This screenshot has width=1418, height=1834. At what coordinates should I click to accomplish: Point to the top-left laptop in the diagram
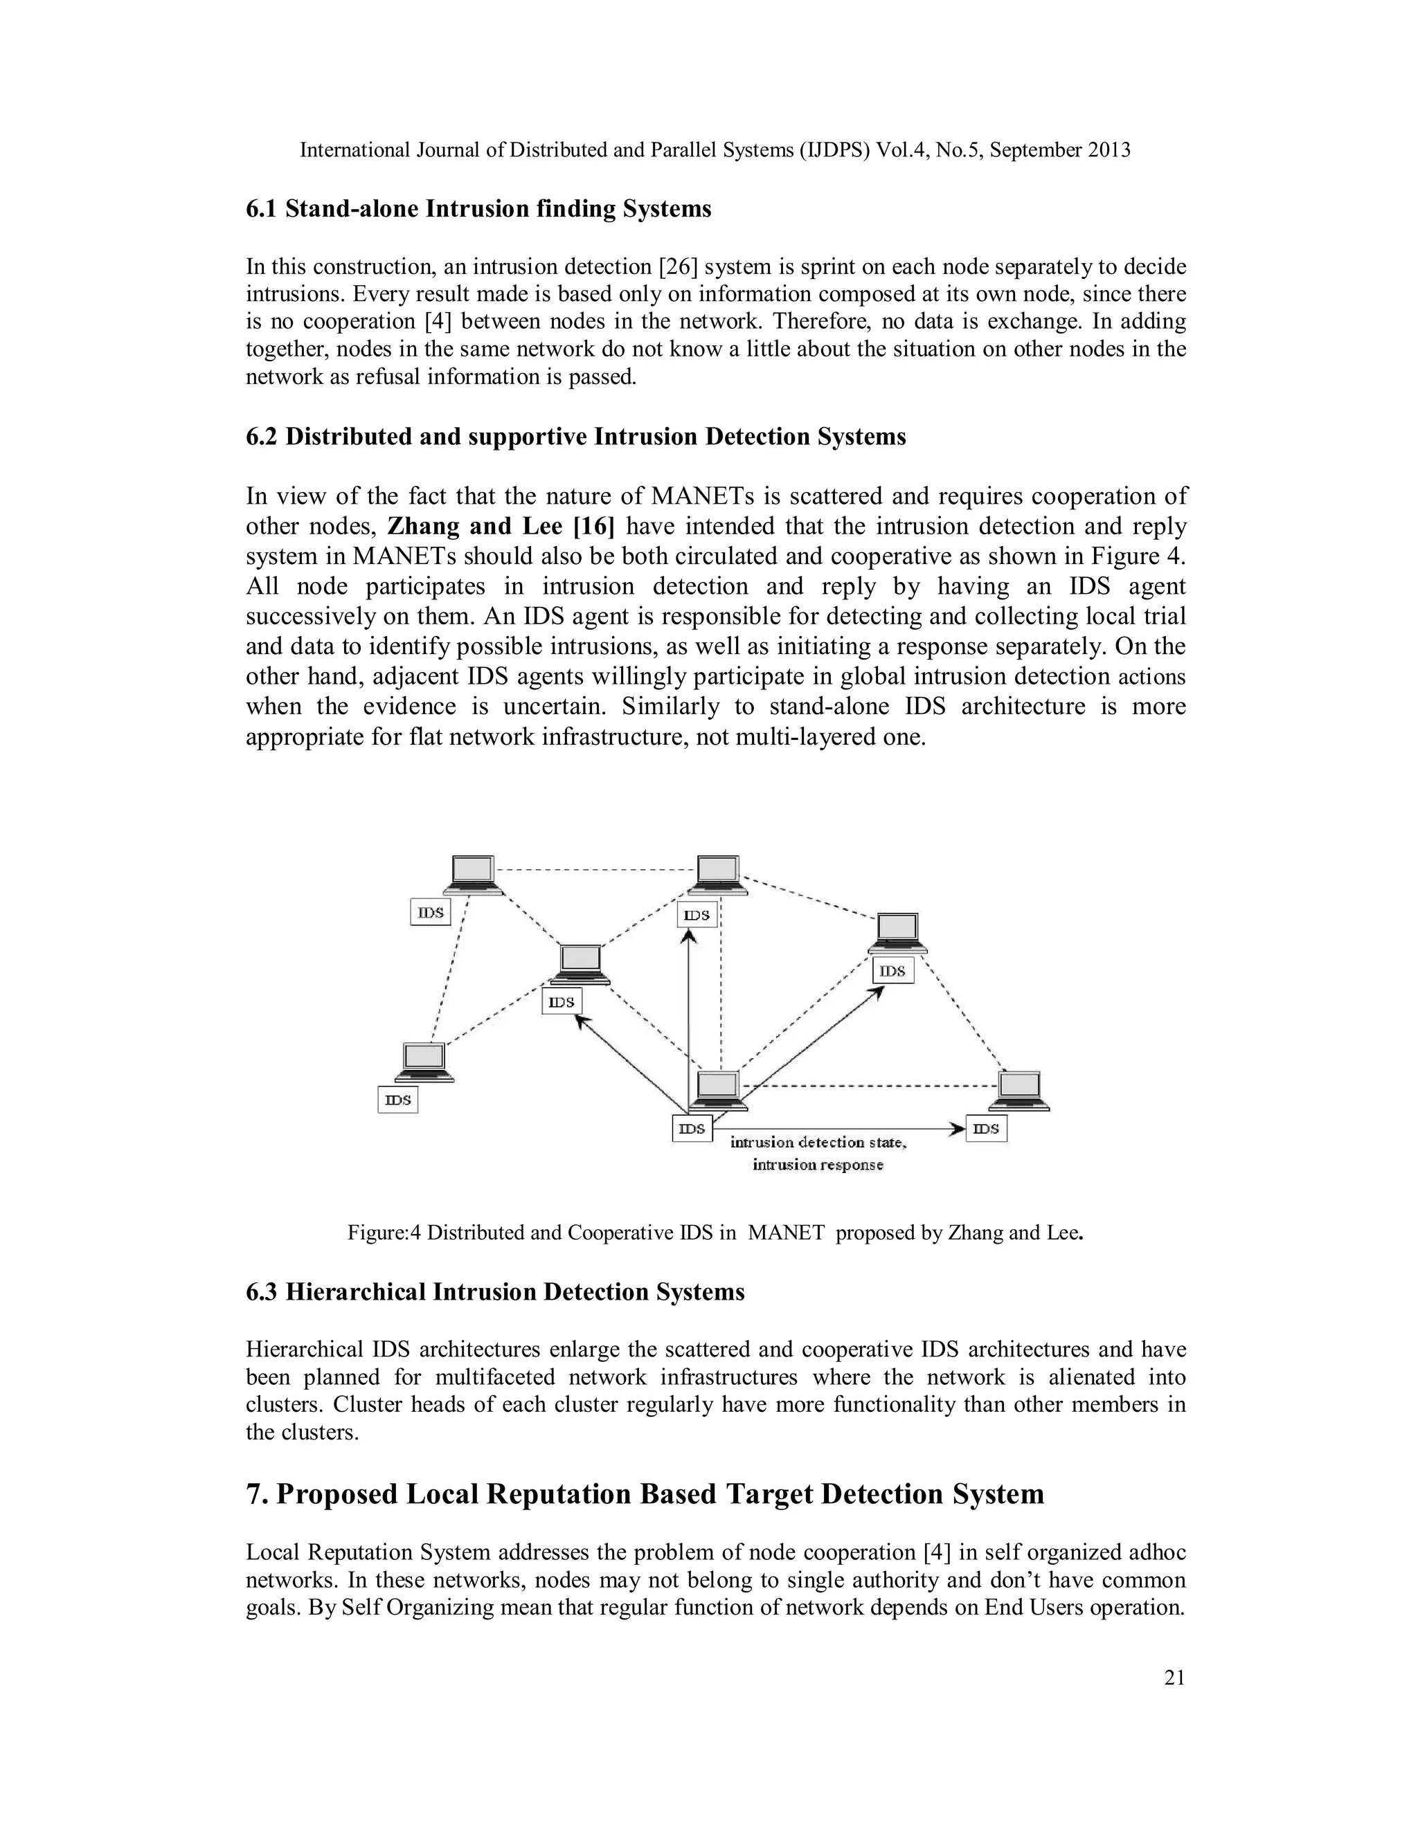(473, 875)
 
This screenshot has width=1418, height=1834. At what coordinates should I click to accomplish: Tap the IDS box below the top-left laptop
(431, 912)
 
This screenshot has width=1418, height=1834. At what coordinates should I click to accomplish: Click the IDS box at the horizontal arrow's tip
(986, 1129)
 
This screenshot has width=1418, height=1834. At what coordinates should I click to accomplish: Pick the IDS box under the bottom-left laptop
(398, 1099)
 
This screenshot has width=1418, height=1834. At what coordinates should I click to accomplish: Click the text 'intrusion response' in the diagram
(818, 1165)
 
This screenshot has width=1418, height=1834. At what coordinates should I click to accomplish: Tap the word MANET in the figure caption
(787, 1233)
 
